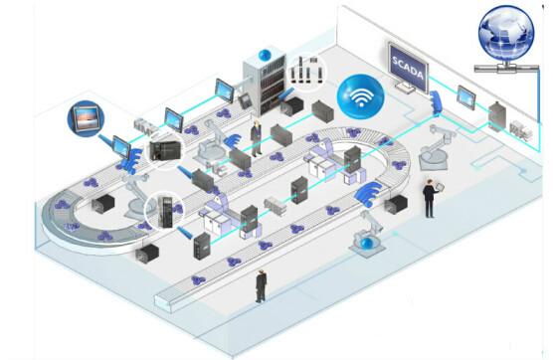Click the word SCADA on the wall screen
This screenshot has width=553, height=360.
click(408, 67)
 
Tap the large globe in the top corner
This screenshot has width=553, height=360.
click(506, 32)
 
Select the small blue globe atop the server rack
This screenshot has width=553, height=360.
click(265, 55)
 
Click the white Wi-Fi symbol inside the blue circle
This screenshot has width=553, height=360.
click(360, 96)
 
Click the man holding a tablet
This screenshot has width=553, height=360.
click(432, 198)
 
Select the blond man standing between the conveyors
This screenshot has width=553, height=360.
click(256, 138)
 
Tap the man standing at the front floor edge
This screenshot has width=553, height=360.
click(261, 286)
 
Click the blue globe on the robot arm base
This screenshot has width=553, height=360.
click(367, 244)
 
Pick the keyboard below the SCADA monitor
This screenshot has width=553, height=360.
click(404, 88)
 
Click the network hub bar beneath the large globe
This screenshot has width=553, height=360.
click(507, 68)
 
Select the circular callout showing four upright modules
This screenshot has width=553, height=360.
click(306, 72)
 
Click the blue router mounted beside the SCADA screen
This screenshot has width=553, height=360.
click(436, 101)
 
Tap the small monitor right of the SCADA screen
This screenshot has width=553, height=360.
click(465, 95)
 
